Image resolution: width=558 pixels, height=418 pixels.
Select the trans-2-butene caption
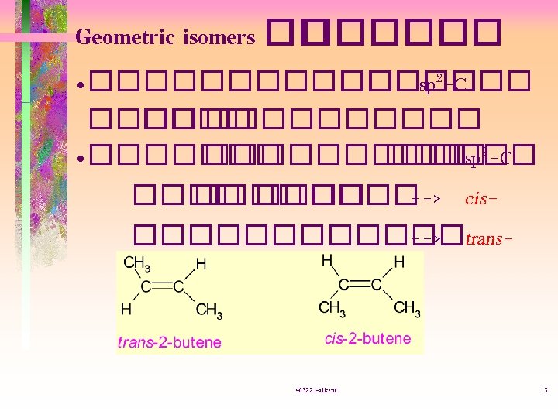pyautogui.click(x=169, y=341)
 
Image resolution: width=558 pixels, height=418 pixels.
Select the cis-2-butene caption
pyautogui.click(x=367, y=338)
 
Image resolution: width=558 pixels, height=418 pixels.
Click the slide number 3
pyautogui.click(x=546, y=389)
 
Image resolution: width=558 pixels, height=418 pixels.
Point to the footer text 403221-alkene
pyautogui.click(x=315, y=389)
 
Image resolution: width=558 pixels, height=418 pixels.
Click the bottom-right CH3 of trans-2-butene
pyautogui.click(x=208, y=310)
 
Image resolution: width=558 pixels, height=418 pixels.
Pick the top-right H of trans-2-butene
pyautogui.click(x=201, y=264)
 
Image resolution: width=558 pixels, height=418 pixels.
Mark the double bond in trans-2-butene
pyautogui.click(x=162, y=287)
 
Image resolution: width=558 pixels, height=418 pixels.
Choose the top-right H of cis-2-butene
pyautogui.click(x=399, y=262)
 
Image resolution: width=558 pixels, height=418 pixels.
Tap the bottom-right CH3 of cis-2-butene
pyautogui.click(x=407, y=309)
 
